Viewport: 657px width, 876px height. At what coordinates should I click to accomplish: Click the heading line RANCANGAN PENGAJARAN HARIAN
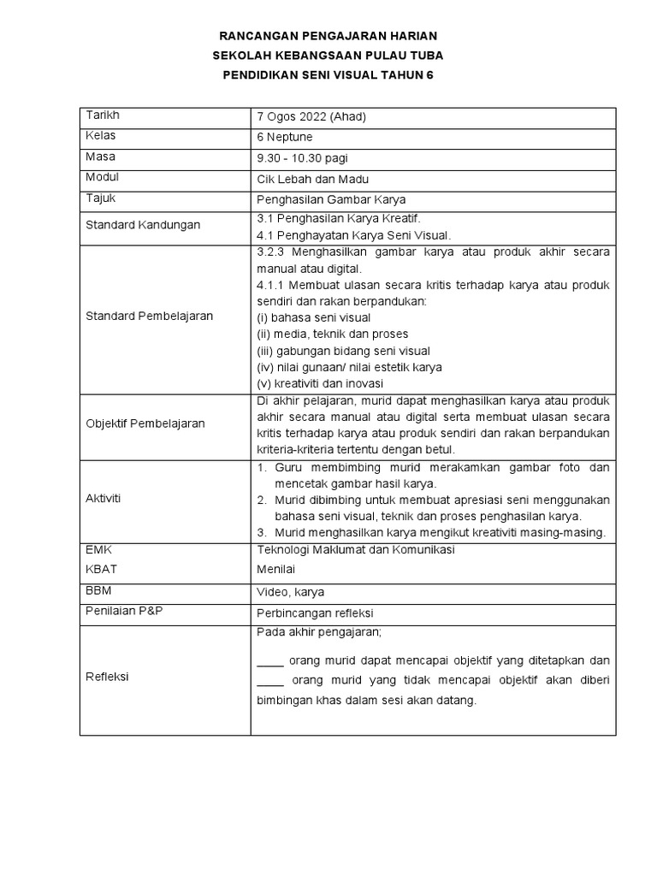pos(328,36)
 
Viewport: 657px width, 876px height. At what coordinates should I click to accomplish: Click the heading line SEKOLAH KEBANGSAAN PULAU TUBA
pos(328,56)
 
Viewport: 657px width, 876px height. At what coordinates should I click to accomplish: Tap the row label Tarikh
pos(101,115)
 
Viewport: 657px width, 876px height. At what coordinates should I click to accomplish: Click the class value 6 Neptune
pos(285,137)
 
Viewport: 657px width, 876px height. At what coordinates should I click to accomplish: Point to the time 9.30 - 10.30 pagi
pos(302,158)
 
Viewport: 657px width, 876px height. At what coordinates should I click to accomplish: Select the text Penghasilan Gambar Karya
pos(321,199)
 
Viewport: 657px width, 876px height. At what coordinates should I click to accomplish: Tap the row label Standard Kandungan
pos(143,225)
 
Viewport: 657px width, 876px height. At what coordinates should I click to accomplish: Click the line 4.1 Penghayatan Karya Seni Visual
pos(353,234)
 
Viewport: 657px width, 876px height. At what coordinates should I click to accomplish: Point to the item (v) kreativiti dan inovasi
pos(320,383)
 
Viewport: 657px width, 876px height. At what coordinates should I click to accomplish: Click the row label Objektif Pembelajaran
pos(145,423)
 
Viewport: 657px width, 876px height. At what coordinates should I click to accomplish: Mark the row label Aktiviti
pos(104,499)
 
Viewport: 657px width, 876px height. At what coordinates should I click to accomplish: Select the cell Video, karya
pos(290,591)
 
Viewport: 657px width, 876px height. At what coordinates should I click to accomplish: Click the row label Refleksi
pos(107,676)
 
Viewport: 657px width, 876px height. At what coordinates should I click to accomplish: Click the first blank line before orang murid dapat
pos(269,661)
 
